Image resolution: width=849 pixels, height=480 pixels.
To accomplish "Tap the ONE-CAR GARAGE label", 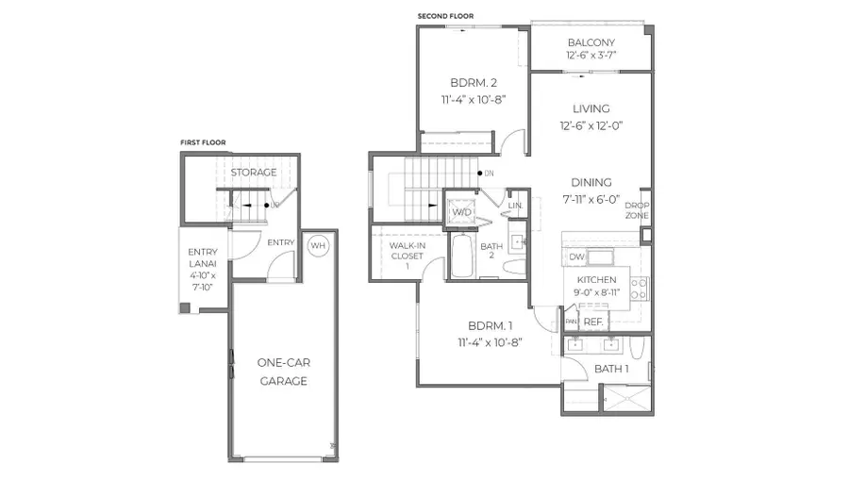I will (x=283, y=372).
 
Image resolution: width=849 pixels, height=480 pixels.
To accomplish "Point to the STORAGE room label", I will (x=254, y=173).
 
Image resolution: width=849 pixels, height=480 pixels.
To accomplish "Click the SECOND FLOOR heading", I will (x=445, y=16).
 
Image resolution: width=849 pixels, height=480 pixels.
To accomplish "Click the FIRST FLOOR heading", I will (x=203, y=143).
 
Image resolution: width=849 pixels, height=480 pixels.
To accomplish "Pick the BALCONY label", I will (x=591, y=43).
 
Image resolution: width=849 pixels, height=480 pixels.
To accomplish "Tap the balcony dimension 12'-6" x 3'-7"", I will (x=591, y=57).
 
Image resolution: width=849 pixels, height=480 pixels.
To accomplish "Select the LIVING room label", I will (x=591, y=108).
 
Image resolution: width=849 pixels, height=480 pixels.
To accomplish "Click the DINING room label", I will (x=591, y=182).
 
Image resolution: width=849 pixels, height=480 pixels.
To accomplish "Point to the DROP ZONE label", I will (x=637, y=210).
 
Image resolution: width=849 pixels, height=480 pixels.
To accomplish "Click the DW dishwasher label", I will (x=577, y=257).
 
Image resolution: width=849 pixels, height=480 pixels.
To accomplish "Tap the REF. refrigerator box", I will (x=592, y=323).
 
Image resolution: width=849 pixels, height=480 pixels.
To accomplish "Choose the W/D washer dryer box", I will (x=461, y=212).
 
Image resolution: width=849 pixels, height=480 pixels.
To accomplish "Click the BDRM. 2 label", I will (x=469, y=81).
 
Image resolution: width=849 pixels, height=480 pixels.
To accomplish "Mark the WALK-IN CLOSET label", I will (x=399, y=255).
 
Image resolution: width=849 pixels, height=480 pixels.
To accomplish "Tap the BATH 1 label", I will (x=611, y=369).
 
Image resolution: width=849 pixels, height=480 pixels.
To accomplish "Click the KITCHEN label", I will (x=597, y=280).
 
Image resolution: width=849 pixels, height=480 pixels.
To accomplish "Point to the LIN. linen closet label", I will (x=515, y=206).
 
